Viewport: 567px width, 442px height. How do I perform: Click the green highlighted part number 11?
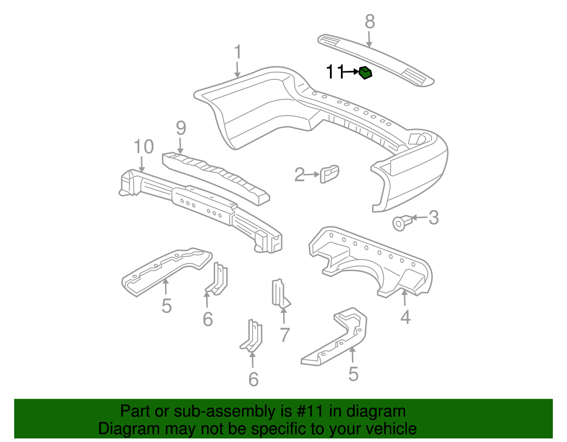pyautogui.click(x=365, y=73)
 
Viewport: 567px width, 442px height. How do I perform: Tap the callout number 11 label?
pyautogui.click(x=335, y=72)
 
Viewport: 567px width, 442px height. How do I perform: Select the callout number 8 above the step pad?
pyautogui.click(x=370, y=22)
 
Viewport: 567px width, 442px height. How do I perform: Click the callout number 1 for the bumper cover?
pyautogui.click(x=238, y=52)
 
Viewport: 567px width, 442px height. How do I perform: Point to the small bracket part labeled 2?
pyautogui.click(x=329, y=174)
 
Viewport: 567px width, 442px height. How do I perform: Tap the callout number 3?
pyautogui.click(x=433, y=218)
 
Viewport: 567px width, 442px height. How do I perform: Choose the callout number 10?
pyautogui.click(x=144, y=147)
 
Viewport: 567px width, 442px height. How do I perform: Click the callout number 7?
pyautogui.click(x=285, y=335)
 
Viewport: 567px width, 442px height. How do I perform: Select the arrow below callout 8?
pyautogui.click(x=369, y=39)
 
